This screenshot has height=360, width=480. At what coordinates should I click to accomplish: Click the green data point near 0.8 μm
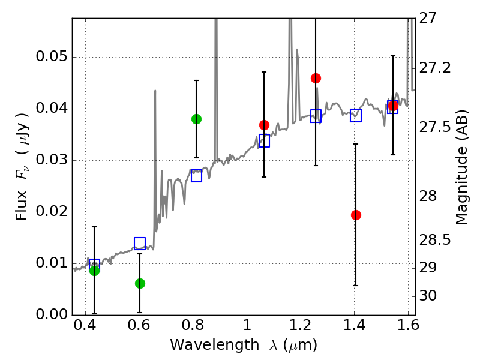(197, 119)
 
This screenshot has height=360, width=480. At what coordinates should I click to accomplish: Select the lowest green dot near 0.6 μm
(140, 283)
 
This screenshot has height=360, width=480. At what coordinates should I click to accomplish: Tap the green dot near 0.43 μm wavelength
(95, 271)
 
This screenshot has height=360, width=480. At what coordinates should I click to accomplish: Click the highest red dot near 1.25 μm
(316, 79)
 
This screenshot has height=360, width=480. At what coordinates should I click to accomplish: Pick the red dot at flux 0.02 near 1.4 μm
(356, 215)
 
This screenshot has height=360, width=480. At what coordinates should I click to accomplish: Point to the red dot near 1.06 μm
(264, 125)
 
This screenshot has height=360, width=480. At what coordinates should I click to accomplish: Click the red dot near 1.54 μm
(393, 106)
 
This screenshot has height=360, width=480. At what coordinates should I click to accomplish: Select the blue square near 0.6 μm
(140, 244)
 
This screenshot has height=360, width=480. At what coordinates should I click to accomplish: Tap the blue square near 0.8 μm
(197, 176)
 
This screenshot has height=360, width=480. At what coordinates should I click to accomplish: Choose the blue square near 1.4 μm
(356, 115)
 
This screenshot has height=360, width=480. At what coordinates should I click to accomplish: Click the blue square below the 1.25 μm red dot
(316, 116)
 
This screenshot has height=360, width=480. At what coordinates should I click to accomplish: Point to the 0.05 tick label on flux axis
(52, 56)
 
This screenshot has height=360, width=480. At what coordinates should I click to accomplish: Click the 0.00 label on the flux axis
(52, 314)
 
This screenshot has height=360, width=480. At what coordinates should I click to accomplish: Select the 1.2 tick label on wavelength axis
(301, 325)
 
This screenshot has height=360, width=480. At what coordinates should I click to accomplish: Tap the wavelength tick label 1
(247, 325)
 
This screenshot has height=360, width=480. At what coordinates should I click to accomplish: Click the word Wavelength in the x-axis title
(215, 345)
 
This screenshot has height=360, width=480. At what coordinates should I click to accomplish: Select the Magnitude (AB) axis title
(461, 167)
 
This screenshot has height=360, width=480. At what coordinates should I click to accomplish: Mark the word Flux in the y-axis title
(22, 205)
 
